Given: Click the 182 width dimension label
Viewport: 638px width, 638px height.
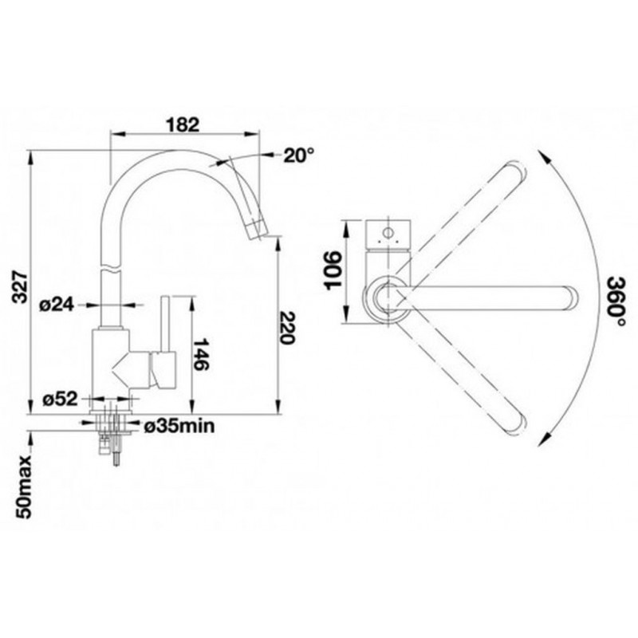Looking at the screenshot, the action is (x=183, y=125).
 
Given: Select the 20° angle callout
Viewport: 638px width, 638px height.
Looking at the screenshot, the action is (x=300, y=155).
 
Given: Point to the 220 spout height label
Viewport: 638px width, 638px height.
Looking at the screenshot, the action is (x=287, y=328).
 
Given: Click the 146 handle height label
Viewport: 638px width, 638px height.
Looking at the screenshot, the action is (x=200, y=354).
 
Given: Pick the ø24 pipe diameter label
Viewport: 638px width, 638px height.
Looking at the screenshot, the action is (x=57, y=305).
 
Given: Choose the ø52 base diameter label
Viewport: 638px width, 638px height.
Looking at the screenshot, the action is (x=61, y=400).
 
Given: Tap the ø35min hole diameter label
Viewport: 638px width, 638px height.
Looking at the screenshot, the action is (x=179, y=426).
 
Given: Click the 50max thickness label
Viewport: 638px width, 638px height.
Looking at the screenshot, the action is (x=24, y=487).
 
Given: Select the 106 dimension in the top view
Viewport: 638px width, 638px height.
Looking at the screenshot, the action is (x=334, y=270).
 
